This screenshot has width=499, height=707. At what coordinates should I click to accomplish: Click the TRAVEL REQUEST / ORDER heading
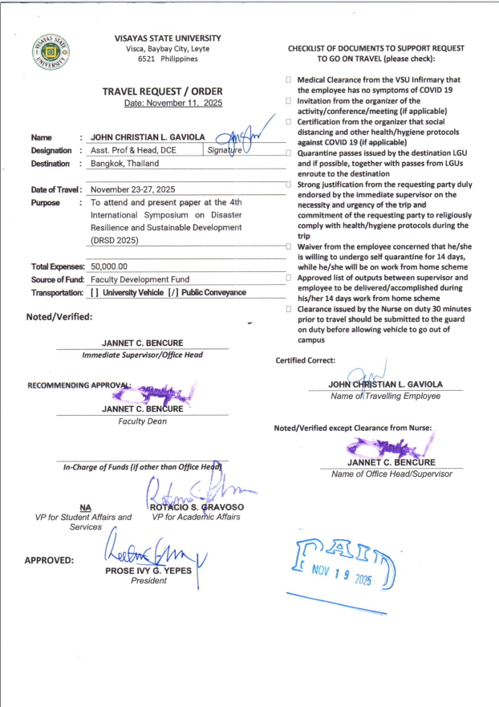(162, 91)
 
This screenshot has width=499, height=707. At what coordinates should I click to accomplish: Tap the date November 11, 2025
(173, 104)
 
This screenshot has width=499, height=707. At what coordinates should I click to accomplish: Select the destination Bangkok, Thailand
(124, 163)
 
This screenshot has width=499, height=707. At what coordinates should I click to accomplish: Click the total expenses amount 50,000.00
(109, 266)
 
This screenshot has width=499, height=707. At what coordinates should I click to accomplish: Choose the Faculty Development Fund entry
(136, 279)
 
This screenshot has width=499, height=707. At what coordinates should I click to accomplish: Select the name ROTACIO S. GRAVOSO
(197, 507)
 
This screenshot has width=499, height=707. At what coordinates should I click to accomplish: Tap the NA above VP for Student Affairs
(85, 507)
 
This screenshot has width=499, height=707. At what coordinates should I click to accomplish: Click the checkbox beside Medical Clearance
(288, 80)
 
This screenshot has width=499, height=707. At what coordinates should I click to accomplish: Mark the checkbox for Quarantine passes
(288, 152)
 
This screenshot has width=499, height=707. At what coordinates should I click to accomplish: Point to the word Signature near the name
(225, 150)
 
